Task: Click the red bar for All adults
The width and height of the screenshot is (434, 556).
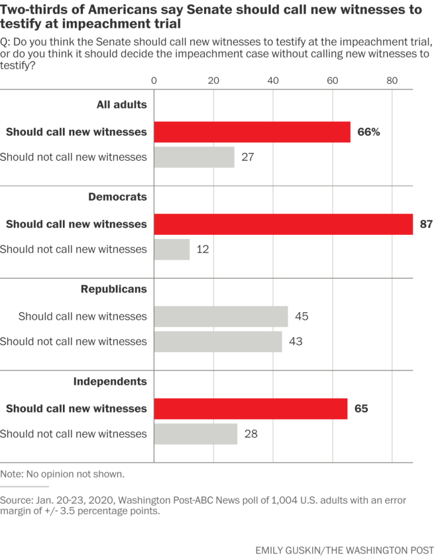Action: pos(252,132)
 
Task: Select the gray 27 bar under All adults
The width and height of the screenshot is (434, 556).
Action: pos(194,157)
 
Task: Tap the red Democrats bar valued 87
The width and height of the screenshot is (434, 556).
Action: pos(283,224)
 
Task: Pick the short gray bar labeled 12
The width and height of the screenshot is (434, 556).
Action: pos(172,250)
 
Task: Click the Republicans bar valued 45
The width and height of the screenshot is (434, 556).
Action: pos(221,316)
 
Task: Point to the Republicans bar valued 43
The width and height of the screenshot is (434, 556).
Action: pos(218,342)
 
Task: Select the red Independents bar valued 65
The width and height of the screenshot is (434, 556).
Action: pos(250,408)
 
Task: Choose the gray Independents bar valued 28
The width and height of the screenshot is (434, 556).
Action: pos(195,434)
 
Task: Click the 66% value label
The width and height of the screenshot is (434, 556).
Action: pos(368,132)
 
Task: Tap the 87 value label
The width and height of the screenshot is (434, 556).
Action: pos(426,224)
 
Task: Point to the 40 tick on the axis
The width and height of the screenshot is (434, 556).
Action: pos(273,81)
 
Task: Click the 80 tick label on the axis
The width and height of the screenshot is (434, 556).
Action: pos(392,81)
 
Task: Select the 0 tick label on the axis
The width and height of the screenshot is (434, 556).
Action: pos(154,81)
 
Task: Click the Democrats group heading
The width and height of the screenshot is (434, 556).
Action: pos(117,197)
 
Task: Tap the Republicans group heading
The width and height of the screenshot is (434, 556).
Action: pos(113,289)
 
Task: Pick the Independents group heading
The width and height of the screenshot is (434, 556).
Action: pos(110,381)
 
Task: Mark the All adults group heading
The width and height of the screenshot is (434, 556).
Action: pos(121,104)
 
